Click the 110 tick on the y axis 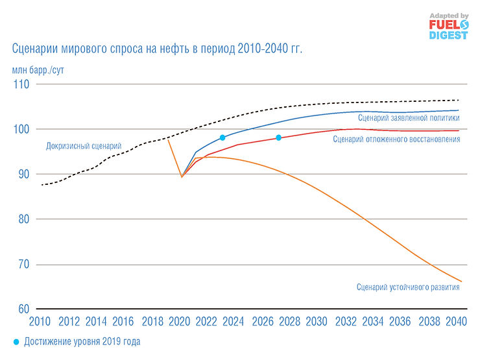pyautogui.click(x=23, y=84)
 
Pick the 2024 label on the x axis pyautogui.click(x=234, y=322)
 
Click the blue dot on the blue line pyautogui.click(x=222, y=138)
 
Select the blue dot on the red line pyautogui.click(x=278, y=138)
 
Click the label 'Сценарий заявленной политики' pyautogui.click(x=408, y=118)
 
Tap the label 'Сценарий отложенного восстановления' pyautogui.click(x=396, y=139)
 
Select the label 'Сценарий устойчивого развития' pyautogui.click(x=408, y=287)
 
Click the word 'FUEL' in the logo pyautogui.click(x=441, y=25)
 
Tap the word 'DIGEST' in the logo pyautogui.click(x=448, y=35)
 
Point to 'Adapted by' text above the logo pyautogui.click(x=448, y=14)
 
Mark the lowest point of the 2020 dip pyautogui.click(x=182, y=176)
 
